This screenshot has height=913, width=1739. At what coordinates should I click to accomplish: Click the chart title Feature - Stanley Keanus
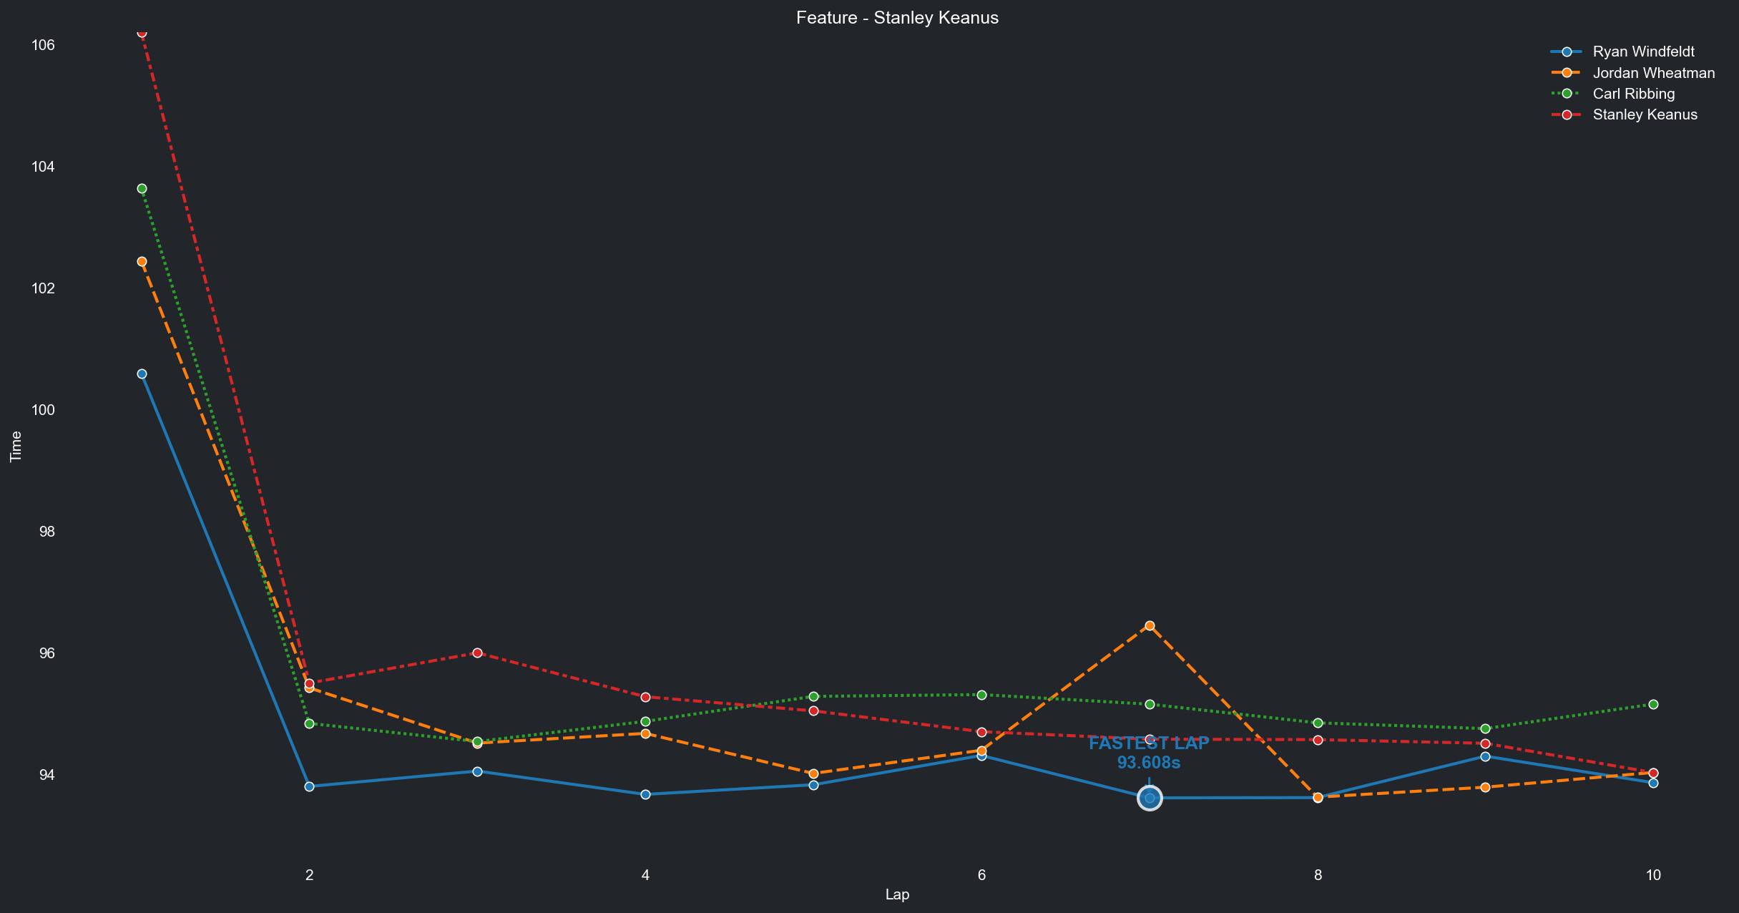point(897,18)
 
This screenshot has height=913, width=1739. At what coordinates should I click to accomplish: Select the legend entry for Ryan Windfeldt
point(1643,52)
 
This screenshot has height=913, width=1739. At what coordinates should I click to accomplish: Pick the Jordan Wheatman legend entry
point(1653,73)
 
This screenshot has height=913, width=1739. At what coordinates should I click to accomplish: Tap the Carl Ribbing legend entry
point(1633,94)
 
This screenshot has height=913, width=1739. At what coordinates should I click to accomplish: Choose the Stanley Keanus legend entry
point(1645,114)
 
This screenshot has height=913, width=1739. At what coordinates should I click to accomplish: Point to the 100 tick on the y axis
point(43,410)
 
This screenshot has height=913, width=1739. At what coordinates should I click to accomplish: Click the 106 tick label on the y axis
point(43,45)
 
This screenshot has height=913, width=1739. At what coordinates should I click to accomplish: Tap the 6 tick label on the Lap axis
point(981,874)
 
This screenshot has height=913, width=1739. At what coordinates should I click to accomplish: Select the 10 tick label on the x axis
point(1653,874)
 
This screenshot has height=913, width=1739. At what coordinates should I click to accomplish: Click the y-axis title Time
point(16,446)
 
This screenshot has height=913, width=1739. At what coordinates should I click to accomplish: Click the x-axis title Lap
point(897,894)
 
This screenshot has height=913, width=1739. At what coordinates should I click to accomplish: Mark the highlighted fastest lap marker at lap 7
point(1150,798)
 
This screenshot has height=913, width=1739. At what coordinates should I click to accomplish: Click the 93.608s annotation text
point(1149,763)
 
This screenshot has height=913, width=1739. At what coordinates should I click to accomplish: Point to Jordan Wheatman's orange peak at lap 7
point(1150,625)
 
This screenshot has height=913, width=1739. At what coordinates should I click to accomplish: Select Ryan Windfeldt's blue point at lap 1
point(142,373)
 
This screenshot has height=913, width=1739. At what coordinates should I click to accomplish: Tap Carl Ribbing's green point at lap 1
point(142,188)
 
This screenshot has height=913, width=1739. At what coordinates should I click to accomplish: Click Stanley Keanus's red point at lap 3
point(477,653)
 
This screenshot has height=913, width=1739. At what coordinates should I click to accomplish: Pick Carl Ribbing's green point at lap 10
point(1653,704)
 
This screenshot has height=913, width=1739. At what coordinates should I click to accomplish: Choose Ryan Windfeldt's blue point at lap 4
point(645,794)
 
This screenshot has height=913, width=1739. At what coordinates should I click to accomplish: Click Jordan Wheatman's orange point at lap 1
point(142,261)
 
